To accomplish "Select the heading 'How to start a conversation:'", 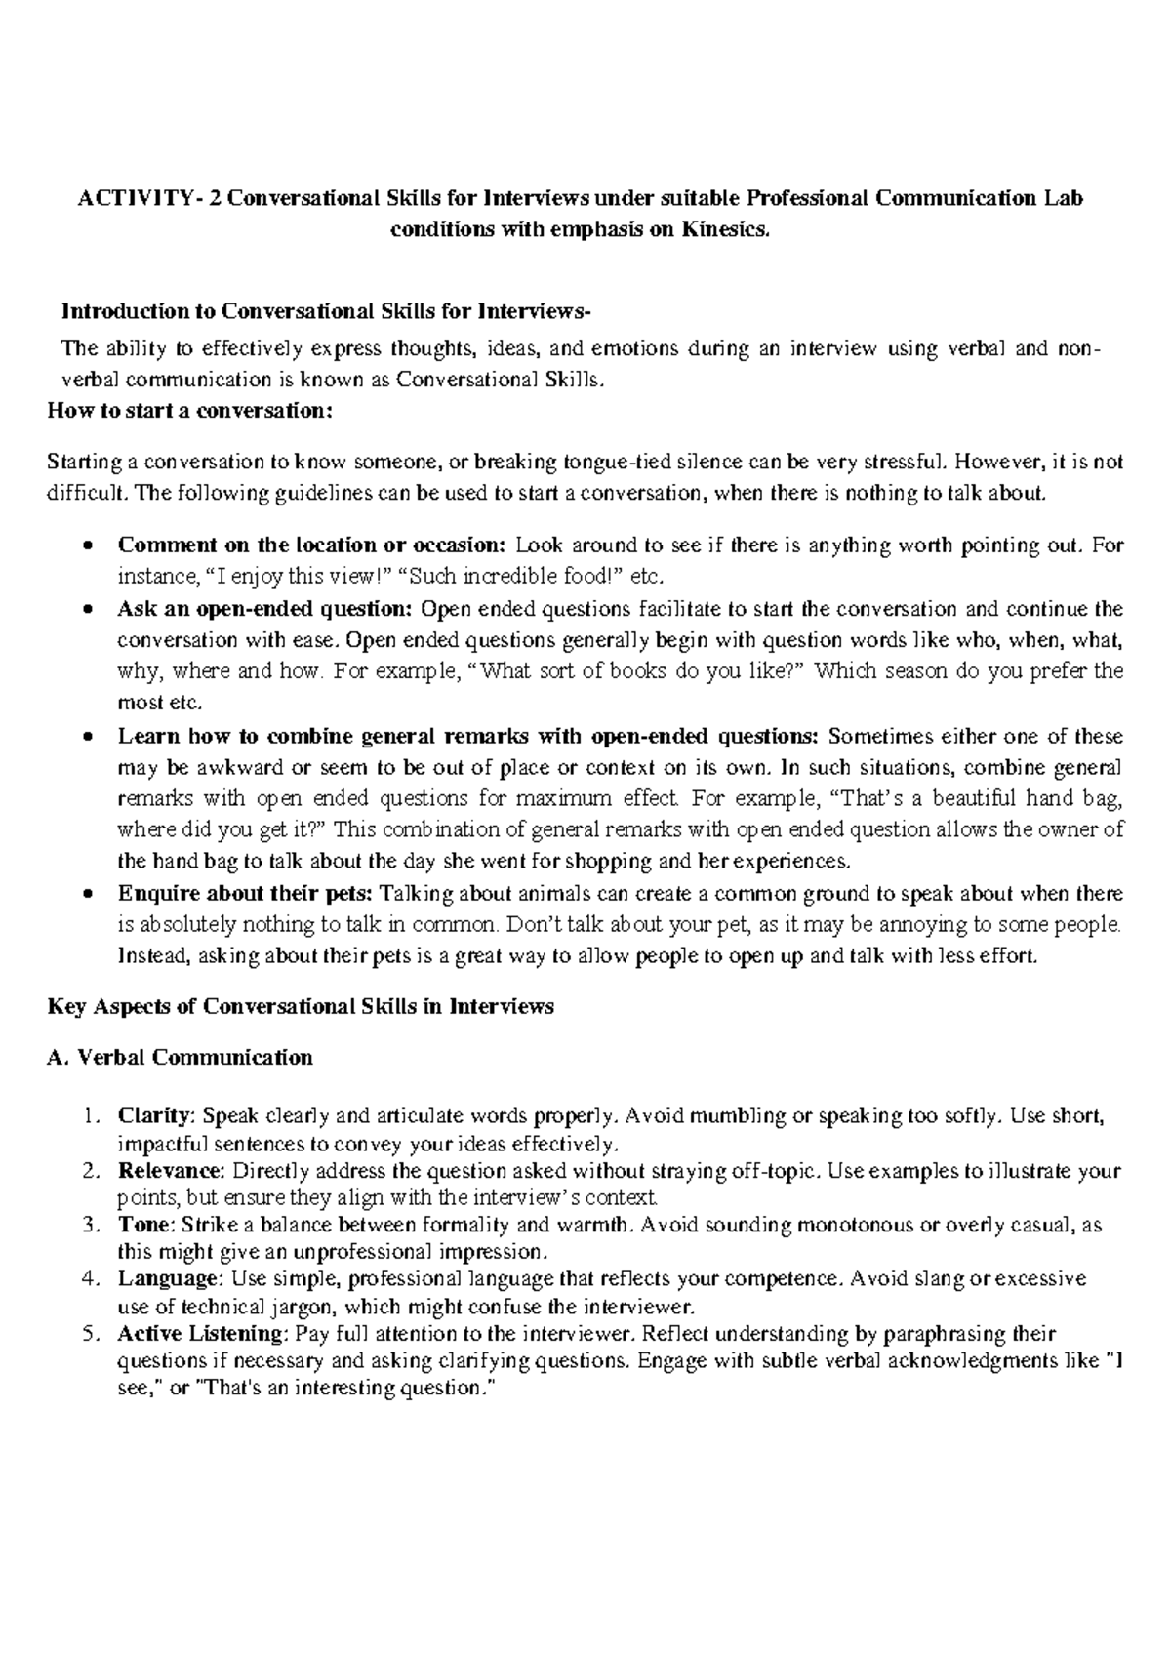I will point(190,411).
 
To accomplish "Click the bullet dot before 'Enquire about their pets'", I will point(89,894).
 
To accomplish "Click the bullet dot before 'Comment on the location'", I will point(89,545).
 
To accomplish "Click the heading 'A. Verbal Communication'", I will point(180,1057).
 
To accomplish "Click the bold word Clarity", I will point(156,1115).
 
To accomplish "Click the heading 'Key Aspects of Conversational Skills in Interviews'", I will point(301,1006).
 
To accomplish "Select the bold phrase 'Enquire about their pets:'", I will point(245,894).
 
